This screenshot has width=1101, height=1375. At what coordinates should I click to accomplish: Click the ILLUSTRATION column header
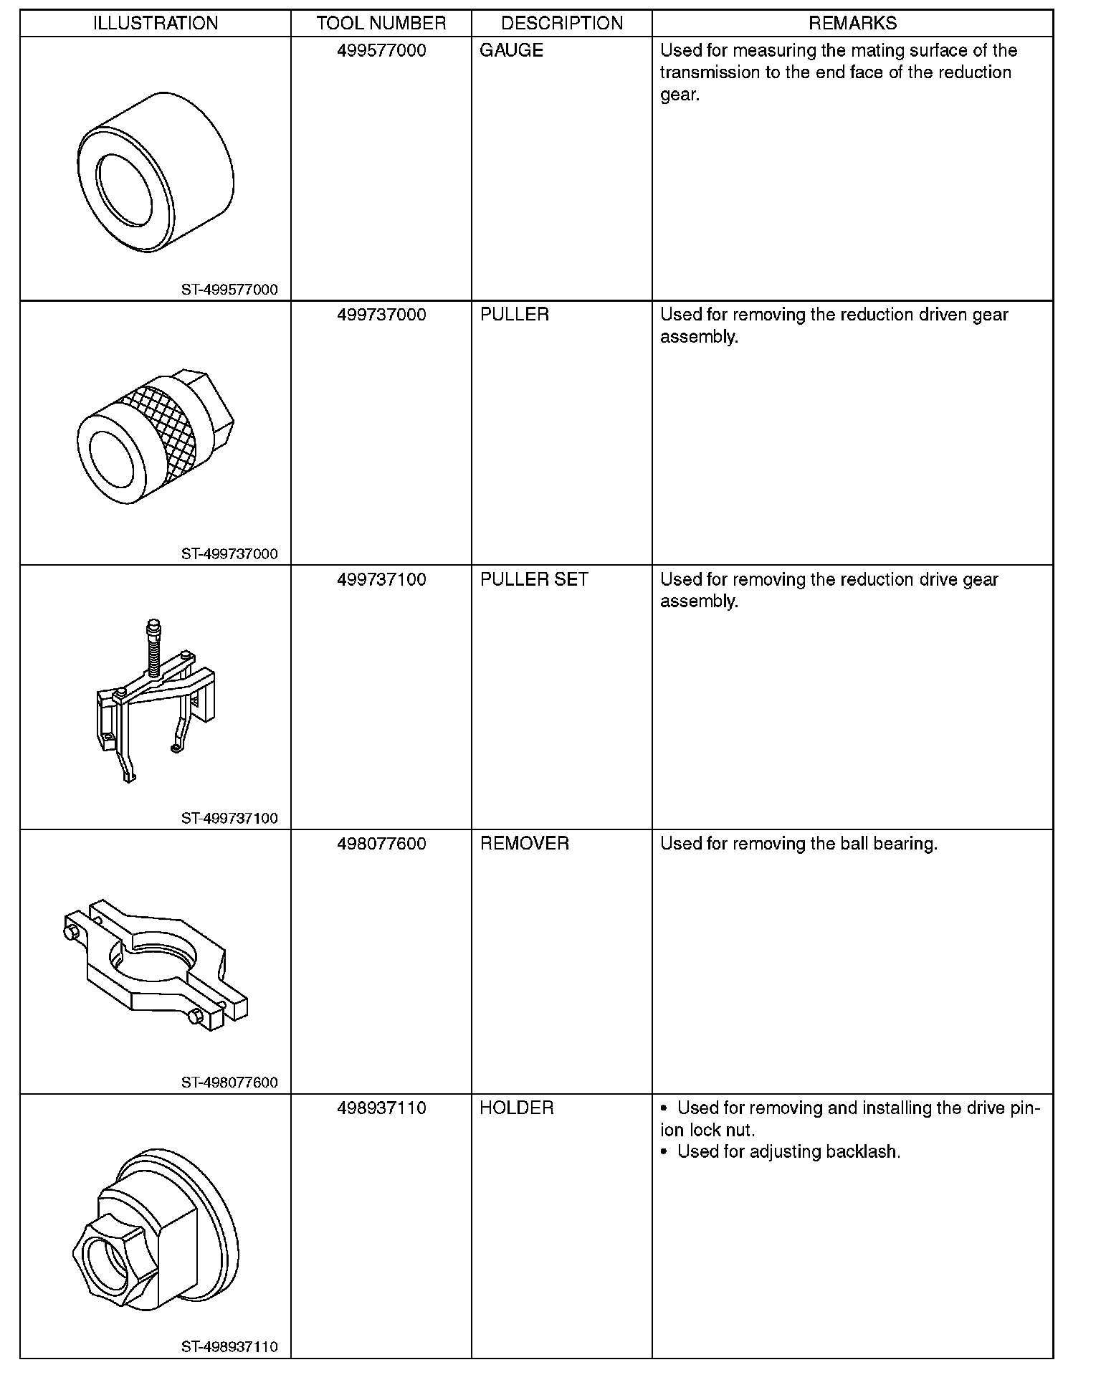click(156, 24)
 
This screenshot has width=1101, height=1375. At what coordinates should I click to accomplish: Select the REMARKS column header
click(852, 24)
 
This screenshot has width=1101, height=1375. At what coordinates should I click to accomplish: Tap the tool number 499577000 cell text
click(381, 51)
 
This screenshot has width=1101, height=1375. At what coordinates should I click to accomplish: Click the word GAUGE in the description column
click(511, 51)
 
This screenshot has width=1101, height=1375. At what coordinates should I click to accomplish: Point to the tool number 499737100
click(381, 579)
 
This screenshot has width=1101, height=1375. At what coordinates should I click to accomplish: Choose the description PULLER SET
click(534, 579)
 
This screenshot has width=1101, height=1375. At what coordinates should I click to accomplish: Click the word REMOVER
click(525, 844)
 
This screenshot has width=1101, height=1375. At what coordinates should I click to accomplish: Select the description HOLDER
click(517, 1108)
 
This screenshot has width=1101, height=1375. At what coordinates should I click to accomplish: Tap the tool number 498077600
click(381, 844)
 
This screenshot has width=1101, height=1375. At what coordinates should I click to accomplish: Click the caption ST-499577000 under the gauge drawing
click(229, 290)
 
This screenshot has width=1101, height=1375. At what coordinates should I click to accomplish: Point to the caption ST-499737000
click(229, 554)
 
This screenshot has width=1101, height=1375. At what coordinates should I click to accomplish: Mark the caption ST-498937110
click(229, 1347)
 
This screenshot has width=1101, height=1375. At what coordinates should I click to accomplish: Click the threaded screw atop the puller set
click(152, 649)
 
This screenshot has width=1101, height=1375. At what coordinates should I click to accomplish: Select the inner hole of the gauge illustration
click(124, 189)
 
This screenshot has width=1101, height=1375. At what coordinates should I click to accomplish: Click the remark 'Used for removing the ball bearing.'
click(799, 844)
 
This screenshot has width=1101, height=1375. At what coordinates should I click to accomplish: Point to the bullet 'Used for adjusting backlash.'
click(788, 1152)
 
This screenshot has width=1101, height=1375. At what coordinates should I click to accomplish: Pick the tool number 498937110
click(381, 1108)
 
